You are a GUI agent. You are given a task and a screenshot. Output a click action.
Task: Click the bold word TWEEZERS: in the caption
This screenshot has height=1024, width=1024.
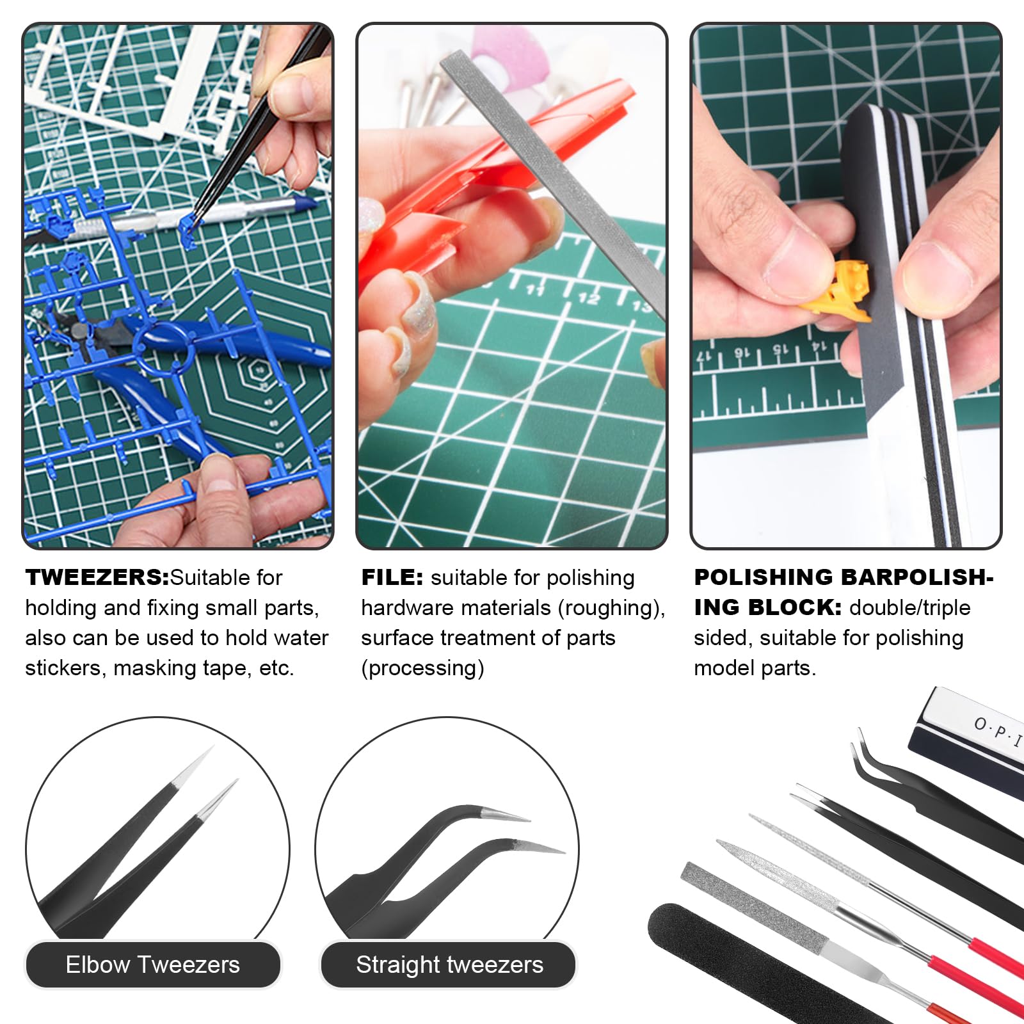[x=97, y=577]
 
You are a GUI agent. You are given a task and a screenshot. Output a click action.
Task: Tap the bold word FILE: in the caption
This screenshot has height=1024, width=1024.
[x=392, y=577]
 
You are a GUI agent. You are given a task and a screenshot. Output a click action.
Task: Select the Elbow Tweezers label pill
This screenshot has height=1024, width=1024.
[x=152, y=964]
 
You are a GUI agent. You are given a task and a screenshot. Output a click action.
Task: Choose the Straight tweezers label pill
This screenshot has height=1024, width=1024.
[x=449, y=964]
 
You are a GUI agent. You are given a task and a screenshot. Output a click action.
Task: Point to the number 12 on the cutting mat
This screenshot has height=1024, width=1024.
[x=589, y=298]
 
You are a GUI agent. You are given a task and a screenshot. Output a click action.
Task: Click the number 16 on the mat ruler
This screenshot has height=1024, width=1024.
[x=740, y=353]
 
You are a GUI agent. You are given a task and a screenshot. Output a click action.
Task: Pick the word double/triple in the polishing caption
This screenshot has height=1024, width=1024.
[x=909, y=608]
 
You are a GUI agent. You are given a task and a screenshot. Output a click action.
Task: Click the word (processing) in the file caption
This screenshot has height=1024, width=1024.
[x=422, y=668]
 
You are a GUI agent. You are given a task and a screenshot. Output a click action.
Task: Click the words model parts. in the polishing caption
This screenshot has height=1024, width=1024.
[x=755, y=668]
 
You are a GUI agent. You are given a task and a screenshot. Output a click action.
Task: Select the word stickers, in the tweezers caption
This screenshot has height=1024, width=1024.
[x=66, y=668]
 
